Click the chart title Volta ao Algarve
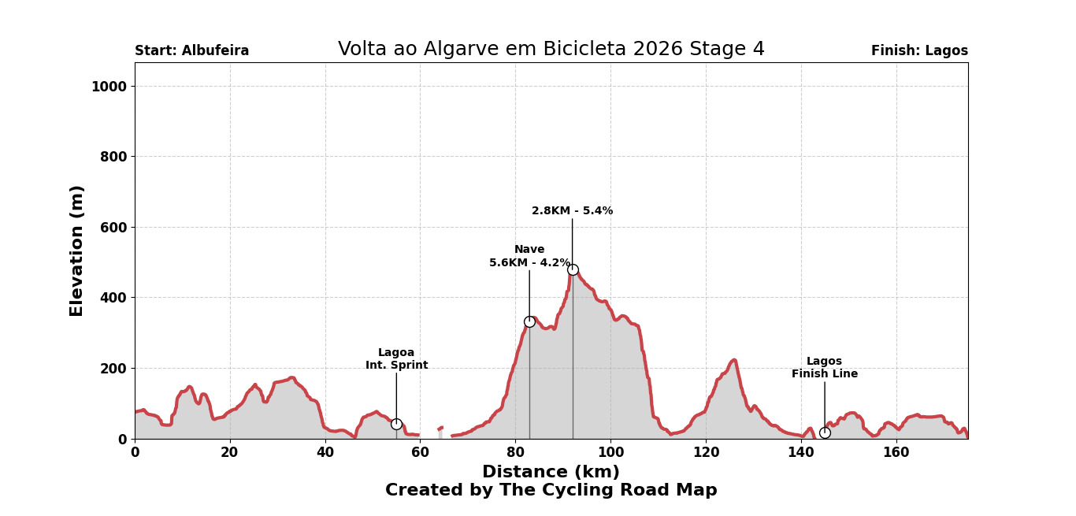pos(551,50)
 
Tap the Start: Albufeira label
pos(191,51)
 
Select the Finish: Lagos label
pos(919,51)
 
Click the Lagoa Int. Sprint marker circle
pos(396,424)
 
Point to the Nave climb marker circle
pos(529,321)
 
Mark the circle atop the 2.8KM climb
pos(573,269)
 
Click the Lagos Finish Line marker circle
pos(825,432)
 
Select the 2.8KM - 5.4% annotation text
pos(572,211)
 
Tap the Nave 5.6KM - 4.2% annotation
pos(529,257)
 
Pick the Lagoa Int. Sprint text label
pos(396,359)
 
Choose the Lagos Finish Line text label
pos(825,368)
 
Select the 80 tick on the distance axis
pos(515,453)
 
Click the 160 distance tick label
pos(896,453)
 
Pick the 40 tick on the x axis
pos(325,453)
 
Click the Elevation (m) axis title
pos(77,251)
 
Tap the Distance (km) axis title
pos(551,473)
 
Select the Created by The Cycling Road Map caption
pos(551,491)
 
